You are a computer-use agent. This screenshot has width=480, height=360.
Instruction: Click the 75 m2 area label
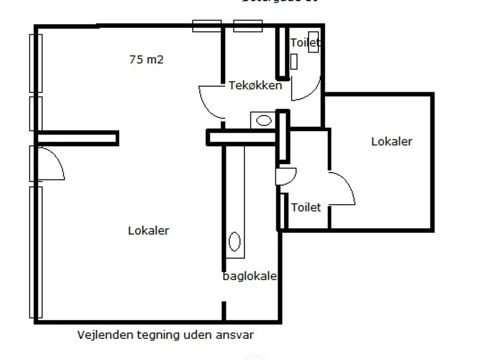coord(146,60)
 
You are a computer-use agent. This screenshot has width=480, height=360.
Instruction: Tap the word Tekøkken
coord(255,85)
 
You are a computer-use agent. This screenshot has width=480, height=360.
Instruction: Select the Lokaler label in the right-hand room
coord(391,141)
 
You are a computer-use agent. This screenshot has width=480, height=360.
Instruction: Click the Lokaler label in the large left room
coord(148,230)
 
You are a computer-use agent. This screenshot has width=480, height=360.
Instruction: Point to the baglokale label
coord(249,276)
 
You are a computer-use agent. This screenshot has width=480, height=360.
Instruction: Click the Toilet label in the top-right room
coord(305,43)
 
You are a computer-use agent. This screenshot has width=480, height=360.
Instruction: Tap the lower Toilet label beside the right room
coord(306,207)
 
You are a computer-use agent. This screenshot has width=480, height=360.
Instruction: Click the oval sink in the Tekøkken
coord(264,120)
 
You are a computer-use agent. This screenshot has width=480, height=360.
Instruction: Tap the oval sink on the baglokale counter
coord(234,241)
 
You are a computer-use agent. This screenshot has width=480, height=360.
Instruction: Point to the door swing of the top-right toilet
coord(306,90)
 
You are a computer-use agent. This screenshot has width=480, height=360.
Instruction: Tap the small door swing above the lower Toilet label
coord(286,176)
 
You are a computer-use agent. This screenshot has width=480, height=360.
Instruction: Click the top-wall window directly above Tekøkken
coord(248,26)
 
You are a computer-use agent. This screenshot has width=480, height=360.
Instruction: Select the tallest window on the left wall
coord(36,252)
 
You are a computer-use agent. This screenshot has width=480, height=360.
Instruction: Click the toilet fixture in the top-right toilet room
coord(313,42)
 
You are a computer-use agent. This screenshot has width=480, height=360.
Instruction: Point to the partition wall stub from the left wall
coord(78,138)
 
